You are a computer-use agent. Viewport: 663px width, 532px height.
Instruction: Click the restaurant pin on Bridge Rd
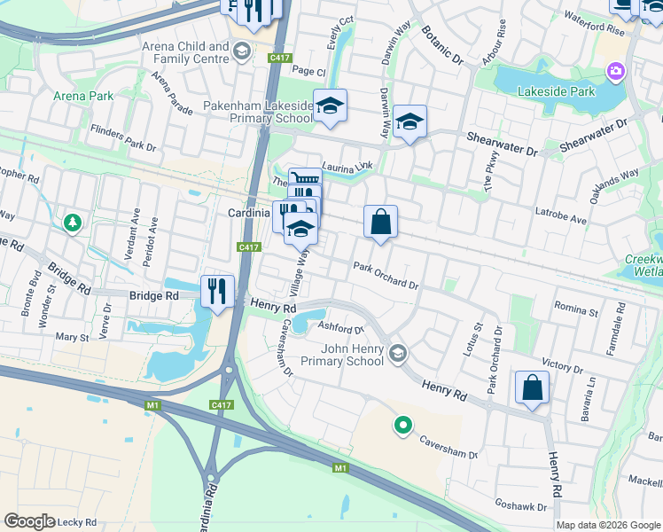(x=217, y=290)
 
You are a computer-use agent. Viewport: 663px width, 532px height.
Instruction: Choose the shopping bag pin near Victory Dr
(x=532, y=387)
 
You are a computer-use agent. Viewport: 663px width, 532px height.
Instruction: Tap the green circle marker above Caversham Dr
(x=403, y=426)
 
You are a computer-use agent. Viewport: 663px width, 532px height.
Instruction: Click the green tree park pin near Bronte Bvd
(x=72, y=223)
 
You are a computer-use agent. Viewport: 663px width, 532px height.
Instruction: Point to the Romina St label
(x=576, y=311)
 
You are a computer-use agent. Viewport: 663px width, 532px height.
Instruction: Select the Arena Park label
(x=82, y=95)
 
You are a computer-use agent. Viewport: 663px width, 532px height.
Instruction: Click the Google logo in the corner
(x=28, y=520)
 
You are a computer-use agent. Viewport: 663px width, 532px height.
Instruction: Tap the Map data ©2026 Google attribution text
(x=607, y=525)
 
